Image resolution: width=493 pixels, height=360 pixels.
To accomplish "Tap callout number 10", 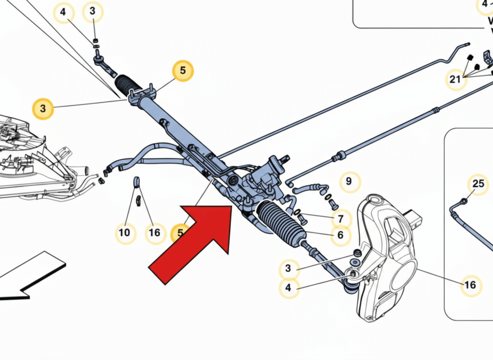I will (x=125, y=232).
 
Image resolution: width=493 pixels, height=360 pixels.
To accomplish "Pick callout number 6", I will (x=340, y=235).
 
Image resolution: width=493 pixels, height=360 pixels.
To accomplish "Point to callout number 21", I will (x=456, y=79).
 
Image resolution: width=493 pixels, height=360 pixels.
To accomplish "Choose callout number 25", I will (x=479, y=183).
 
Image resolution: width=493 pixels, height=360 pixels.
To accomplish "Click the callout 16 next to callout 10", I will (x=154, y=232).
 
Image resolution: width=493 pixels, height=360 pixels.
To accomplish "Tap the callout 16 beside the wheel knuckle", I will (x=470, y=285).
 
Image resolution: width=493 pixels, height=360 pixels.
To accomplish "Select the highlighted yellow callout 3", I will (x=43, y=109).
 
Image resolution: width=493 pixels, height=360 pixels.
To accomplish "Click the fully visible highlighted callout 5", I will (x=183, y=71).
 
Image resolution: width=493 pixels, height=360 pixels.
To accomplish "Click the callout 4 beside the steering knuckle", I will (x=289, y=287).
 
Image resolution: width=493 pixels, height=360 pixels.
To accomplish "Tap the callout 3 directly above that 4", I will (x=289, y=269).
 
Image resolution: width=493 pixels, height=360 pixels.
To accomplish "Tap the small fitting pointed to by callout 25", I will (x=464, y=202).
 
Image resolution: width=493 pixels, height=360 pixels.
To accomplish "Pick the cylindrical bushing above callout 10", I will (x=136, y=181).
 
